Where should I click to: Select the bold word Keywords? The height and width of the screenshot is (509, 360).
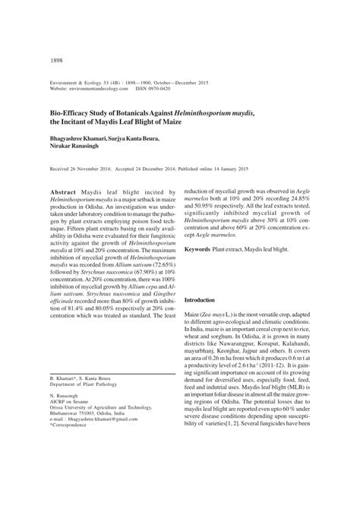pyautogui.click(x=202, y=248)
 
